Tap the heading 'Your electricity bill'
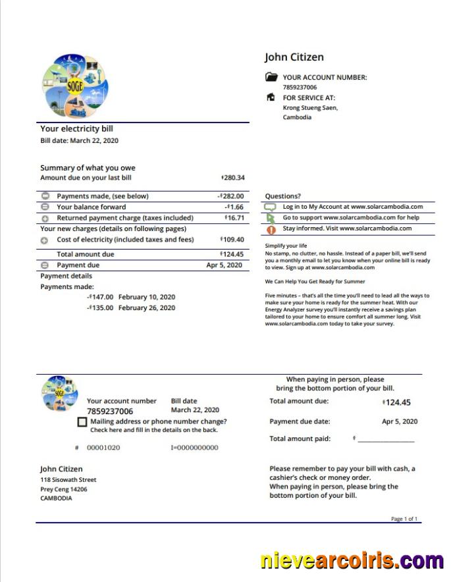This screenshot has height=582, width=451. [76, 129]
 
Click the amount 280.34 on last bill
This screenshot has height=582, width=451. [233, 178]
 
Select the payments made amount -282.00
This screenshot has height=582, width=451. [231, 196]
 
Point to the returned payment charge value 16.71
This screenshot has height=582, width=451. [234, 218]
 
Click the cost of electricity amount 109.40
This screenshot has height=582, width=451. [233, 240]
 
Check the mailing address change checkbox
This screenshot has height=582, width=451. [82, 422]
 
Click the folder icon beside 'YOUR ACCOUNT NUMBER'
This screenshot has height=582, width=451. [271, 77]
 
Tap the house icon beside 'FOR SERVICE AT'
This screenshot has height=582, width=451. [271, 97]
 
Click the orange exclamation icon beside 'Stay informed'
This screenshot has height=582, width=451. [271, 230]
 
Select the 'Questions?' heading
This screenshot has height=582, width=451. [282, 196]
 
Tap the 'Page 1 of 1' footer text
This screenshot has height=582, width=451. [404, 519]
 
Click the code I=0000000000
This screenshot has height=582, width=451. [194, 448]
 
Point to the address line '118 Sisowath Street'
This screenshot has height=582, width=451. [68, 480]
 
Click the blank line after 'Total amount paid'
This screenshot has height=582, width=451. [386, 439]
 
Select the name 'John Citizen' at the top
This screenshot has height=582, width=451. [294, 57]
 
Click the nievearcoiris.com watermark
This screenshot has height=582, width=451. [352, 561]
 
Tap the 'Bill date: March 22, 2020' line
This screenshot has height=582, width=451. [80, 140]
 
